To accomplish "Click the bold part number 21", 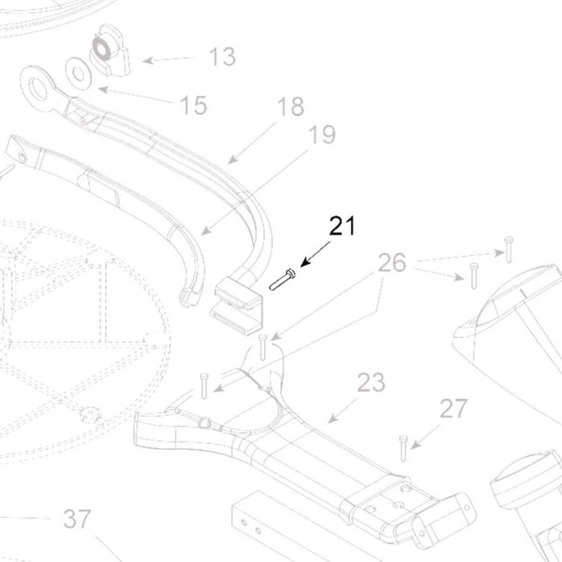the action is tap(342, 226).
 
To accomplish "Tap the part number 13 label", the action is tap(222, 56).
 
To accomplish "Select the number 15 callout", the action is tap(193, 105).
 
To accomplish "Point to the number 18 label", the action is tap(291, 107).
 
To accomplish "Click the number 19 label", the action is tap(322, 134).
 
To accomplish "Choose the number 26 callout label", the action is tap(392, 263).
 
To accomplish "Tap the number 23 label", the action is tap(371, 382).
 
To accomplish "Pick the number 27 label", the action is tap(454, 409).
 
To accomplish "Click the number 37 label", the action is tap(77, 519).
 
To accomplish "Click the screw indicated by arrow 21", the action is tap(283, 280).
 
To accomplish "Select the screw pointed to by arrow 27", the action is tap(403, 448).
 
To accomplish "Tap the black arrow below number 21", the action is tap(315, 255).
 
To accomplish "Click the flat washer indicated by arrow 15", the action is tap(78, 74).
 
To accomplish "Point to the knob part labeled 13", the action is tap(109, 51).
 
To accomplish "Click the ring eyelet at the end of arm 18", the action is tap(37, 88).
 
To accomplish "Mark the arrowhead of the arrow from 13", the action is tap(148, 60).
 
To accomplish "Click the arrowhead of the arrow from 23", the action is tap(332, 418).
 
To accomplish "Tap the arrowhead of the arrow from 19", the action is tap(206, 231).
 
